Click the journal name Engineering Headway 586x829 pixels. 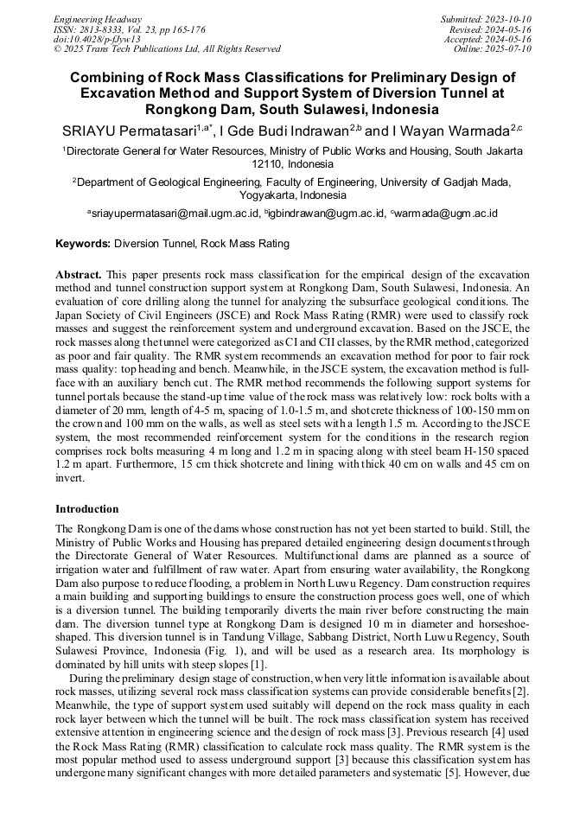tap(98, 18)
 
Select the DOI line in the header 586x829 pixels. tap(97, 39)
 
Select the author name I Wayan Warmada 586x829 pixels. tap(449, 131)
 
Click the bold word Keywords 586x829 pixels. tap(83, 245)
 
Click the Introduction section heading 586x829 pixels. tap(87, 509)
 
